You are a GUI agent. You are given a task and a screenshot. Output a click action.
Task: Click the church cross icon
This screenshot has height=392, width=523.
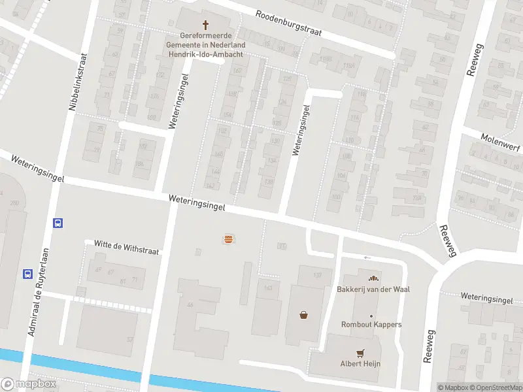[x=206, y=25]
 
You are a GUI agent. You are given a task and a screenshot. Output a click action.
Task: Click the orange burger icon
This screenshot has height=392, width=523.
[x=228, y=239]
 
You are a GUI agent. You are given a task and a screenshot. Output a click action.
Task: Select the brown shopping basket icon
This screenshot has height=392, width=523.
[x=303, y=315]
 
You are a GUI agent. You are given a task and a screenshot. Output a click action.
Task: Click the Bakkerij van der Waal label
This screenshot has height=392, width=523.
[x=373, y=289]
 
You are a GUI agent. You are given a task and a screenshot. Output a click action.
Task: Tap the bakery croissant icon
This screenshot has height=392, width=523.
[x=373, y=278]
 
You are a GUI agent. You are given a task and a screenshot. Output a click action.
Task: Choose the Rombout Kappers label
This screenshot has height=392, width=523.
[x=371, y=325]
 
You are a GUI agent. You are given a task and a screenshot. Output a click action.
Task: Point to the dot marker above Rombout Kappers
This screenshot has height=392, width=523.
[x=371, y=316]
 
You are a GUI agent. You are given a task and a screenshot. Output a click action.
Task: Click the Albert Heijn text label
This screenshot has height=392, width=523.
[x=360, y=364]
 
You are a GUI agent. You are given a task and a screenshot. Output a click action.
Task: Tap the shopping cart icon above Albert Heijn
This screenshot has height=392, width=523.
[x=360, y=353]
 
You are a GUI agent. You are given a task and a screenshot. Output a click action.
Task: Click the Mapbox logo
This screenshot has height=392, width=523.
[x=29, y=384]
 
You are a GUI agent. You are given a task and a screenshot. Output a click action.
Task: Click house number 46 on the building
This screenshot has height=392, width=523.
[x=191, y=304]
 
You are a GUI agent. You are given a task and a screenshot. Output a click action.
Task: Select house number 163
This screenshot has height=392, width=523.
[x=267, y=287]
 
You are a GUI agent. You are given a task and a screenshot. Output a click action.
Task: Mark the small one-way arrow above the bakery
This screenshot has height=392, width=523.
[x=367, y=257]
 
